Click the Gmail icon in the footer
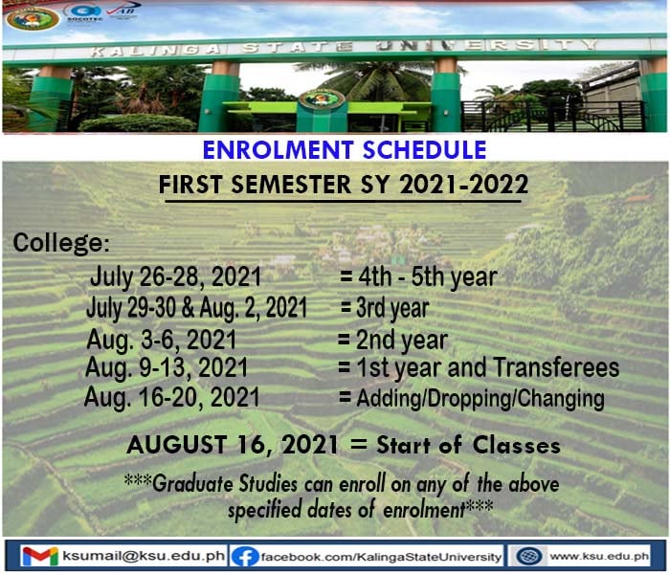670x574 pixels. [x=40, y=556]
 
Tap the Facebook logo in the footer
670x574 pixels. [x=245, y=557]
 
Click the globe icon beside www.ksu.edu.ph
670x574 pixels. [x=529, y=556]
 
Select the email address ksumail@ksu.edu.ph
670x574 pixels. [x=144, y=556]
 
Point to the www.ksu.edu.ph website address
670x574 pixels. [x=599, y=556]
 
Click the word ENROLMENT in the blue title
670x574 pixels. [x=278, y=149]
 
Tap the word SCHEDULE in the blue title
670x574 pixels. [x=424, y=149]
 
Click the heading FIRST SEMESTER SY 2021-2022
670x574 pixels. [x=343, y=185]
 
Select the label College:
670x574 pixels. [x=61, y=243]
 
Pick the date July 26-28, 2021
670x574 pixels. [x=175, y=276]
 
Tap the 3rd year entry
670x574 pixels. [x=392, y=308]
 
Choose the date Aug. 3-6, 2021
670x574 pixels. [x=162, y=340]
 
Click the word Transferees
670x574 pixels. [x=556, y=366]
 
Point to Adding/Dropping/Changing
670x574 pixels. [x=480, y=399]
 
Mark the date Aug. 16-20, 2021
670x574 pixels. [x=171, y=397]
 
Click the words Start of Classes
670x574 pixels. [x=468, y=445]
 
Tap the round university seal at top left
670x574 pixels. [x=33, y=18]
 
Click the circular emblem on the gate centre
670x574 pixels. [x=322, y=99]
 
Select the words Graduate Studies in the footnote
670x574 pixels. [x=225, y=484]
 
